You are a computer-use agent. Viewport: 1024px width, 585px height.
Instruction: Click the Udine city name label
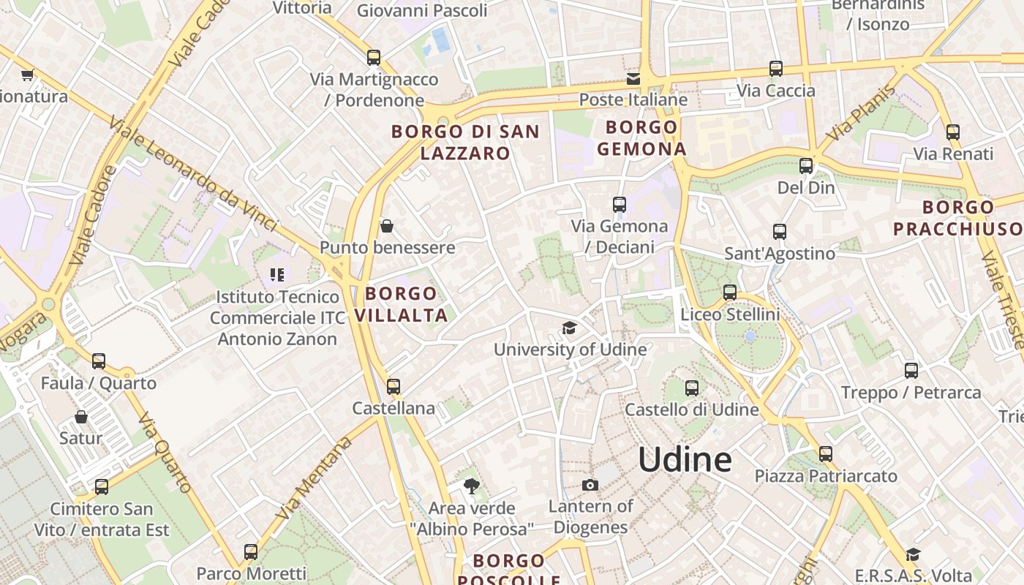pyautogui.click(x=685, y=459)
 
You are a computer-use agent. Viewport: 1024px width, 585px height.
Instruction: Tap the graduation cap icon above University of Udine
pyautogui.click(x=569, y=328)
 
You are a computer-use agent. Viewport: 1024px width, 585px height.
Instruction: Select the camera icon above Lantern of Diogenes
pyautogui.click(x=590, y=485)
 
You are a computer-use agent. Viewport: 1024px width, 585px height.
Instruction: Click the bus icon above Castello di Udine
pyautogui.click(x=692, y=388)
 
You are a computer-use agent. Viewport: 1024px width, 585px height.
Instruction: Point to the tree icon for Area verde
pyautogui.click(x=472, y=486)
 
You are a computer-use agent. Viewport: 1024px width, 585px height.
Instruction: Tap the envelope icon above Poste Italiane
pyautogui.click(x=633, y=78)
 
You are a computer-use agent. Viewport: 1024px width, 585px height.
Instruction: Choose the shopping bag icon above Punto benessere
pyautogui.click(x=387, y=226)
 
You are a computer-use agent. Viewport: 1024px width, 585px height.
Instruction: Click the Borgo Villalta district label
pyautogui.click(x=401, y=304)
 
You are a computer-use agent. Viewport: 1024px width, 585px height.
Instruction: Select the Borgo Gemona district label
pyautogui.click(x=641, y=138)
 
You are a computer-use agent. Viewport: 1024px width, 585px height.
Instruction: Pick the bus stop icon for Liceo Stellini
pyautogui.click(x=730, y=292)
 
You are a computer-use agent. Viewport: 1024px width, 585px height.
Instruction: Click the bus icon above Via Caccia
pyautogui.click(x=776, y=69)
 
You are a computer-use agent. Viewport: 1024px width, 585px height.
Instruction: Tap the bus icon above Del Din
pyautogui.click(x=806, y=166)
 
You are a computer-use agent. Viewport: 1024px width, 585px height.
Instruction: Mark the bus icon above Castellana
pyautogui.click(x=394, y=386)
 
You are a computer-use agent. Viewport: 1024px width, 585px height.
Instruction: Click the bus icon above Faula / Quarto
pyautogui.click(x=99, y=361)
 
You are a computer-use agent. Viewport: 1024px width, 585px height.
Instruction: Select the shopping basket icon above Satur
pyautogui.click(x=81, y=417)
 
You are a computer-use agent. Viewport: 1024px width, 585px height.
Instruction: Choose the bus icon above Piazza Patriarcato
pyautogui.click(x=826, y=454)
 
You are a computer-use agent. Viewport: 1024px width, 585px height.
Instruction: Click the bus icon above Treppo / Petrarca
pyautogui.click(x=911, y=371)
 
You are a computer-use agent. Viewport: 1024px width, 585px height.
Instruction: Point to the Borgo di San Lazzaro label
pyautogui.click(x=465, y=143)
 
